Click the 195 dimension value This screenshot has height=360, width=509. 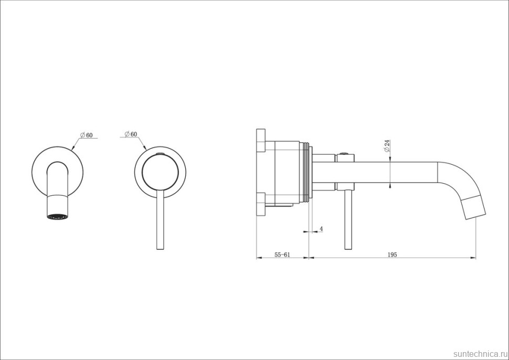tap(392, 255)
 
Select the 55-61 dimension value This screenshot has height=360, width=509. tap(282, 255)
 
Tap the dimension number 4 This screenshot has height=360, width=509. tap(321, 229)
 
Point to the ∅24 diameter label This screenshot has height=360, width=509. tap(387, 146)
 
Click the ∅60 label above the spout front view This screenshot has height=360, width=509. tap(87, 135)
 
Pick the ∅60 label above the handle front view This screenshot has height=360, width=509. tap(131, 134)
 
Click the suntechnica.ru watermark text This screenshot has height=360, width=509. tap(480, 354)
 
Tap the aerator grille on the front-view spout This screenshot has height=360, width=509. tap(58, 217)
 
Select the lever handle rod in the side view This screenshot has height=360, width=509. tap(348, 220)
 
